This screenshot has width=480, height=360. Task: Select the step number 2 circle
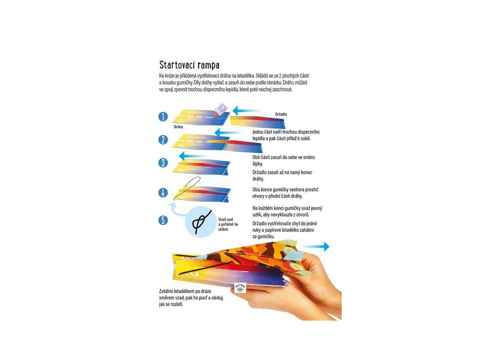pyautogui.click(x=163, y=139)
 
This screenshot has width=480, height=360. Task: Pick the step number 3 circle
pyautogui.click(x=163, y=163)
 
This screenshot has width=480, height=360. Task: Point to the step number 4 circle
pyautogui.click(x=163, y=193)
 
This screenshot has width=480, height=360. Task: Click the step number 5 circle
pyautogui.click(x=163, y=220)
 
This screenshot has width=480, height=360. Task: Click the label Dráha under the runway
pyautogui.click(x=179, y=127)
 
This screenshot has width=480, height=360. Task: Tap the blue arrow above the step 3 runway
pyautogui.click(x=194, y=155)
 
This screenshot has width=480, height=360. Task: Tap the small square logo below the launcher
pyautogui.click(x=240, y=287)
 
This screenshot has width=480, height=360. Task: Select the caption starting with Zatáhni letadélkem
pyautogui.click(x=185, y=298)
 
